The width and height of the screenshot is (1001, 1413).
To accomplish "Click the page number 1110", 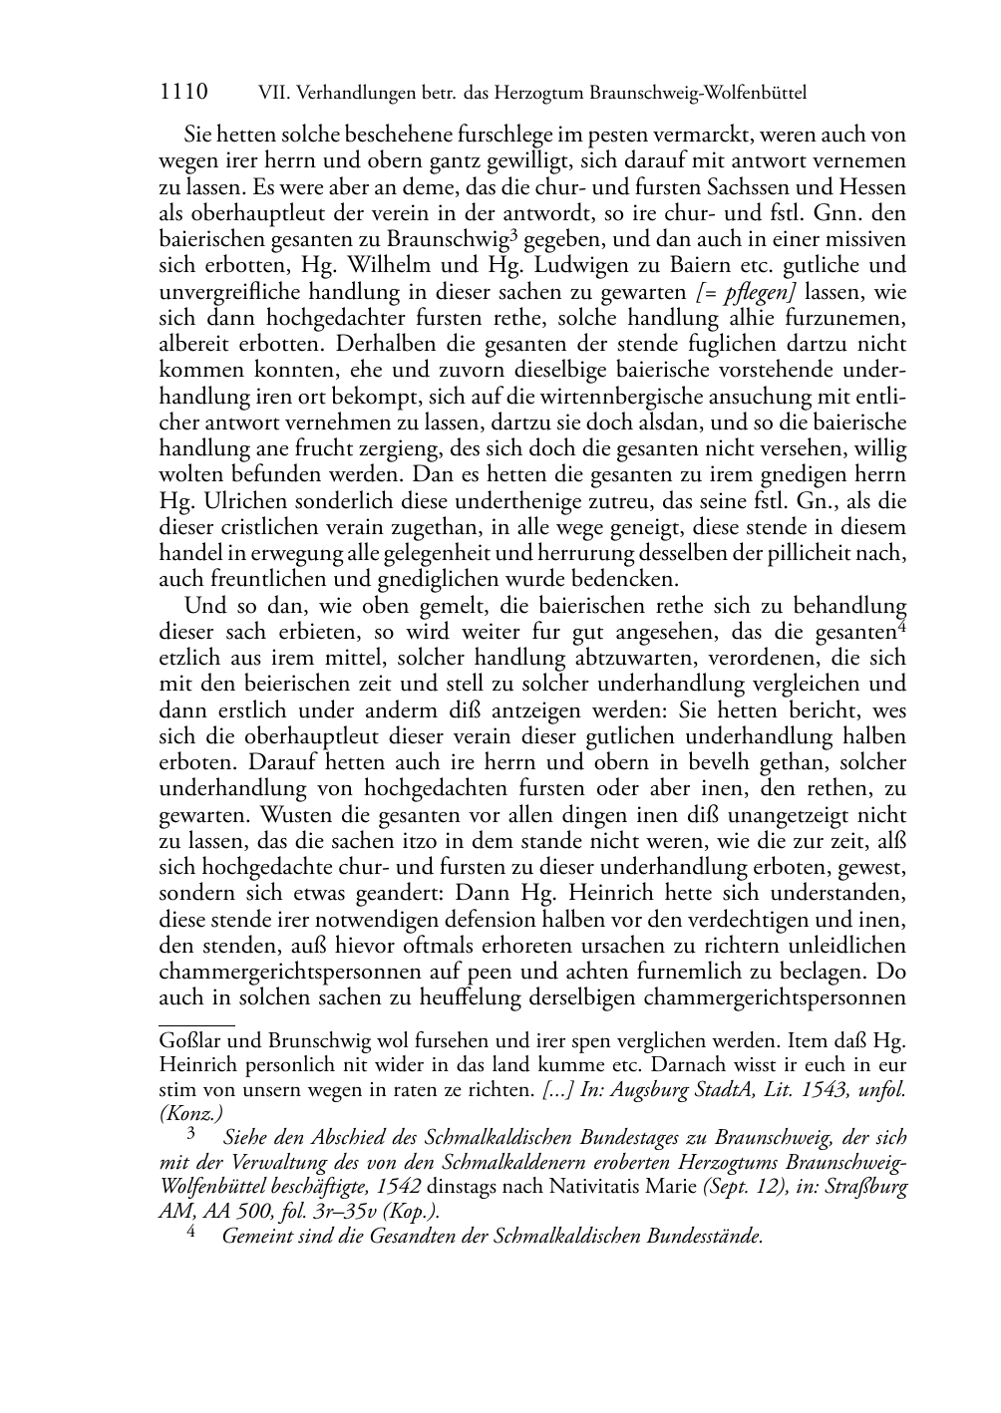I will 183,93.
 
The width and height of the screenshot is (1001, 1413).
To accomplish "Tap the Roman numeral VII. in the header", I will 272,94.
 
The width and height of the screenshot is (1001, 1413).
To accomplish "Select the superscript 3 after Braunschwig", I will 512,234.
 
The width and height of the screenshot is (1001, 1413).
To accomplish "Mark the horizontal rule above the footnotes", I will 196,1023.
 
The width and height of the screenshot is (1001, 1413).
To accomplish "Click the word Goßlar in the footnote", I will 189,1040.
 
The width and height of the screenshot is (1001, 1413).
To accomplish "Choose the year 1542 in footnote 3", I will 402,1187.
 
